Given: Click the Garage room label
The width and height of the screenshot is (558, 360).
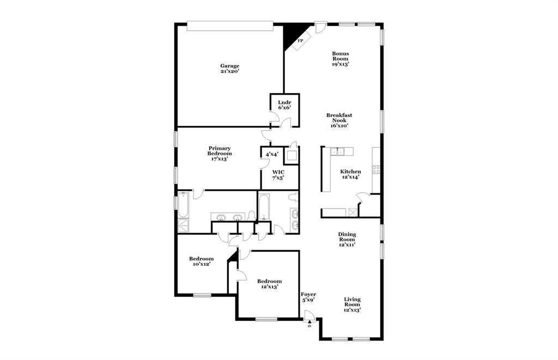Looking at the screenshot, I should pos(229,69).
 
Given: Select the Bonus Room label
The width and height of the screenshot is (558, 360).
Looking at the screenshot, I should pos(341,59).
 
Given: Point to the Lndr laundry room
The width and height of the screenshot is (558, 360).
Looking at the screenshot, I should pos(284,105).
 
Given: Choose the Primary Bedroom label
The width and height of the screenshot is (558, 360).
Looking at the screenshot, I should pos(220,154).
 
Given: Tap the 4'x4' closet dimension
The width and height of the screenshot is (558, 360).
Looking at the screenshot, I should pos(272,155).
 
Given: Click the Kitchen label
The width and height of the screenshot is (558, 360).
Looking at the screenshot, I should pos(350,174).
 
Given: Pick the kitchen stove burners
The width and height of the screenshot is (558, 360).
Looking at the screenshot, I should pos(376,169).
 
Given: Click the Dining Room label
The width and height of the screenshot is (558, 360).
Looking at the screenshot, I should pos(347,239).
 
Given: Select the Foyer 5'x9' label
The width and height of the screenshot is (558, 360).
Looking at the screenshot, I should pos(308,297).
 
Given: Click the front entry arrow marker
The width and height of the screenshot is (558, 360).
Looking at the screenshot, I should pos(310,323).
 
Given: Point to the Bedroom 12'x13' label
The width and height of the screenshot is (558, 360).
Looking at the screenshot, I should pos(269,284).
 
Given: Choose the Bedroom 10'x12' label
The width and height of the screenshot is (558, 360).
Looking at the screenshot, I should pos(201,261).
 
